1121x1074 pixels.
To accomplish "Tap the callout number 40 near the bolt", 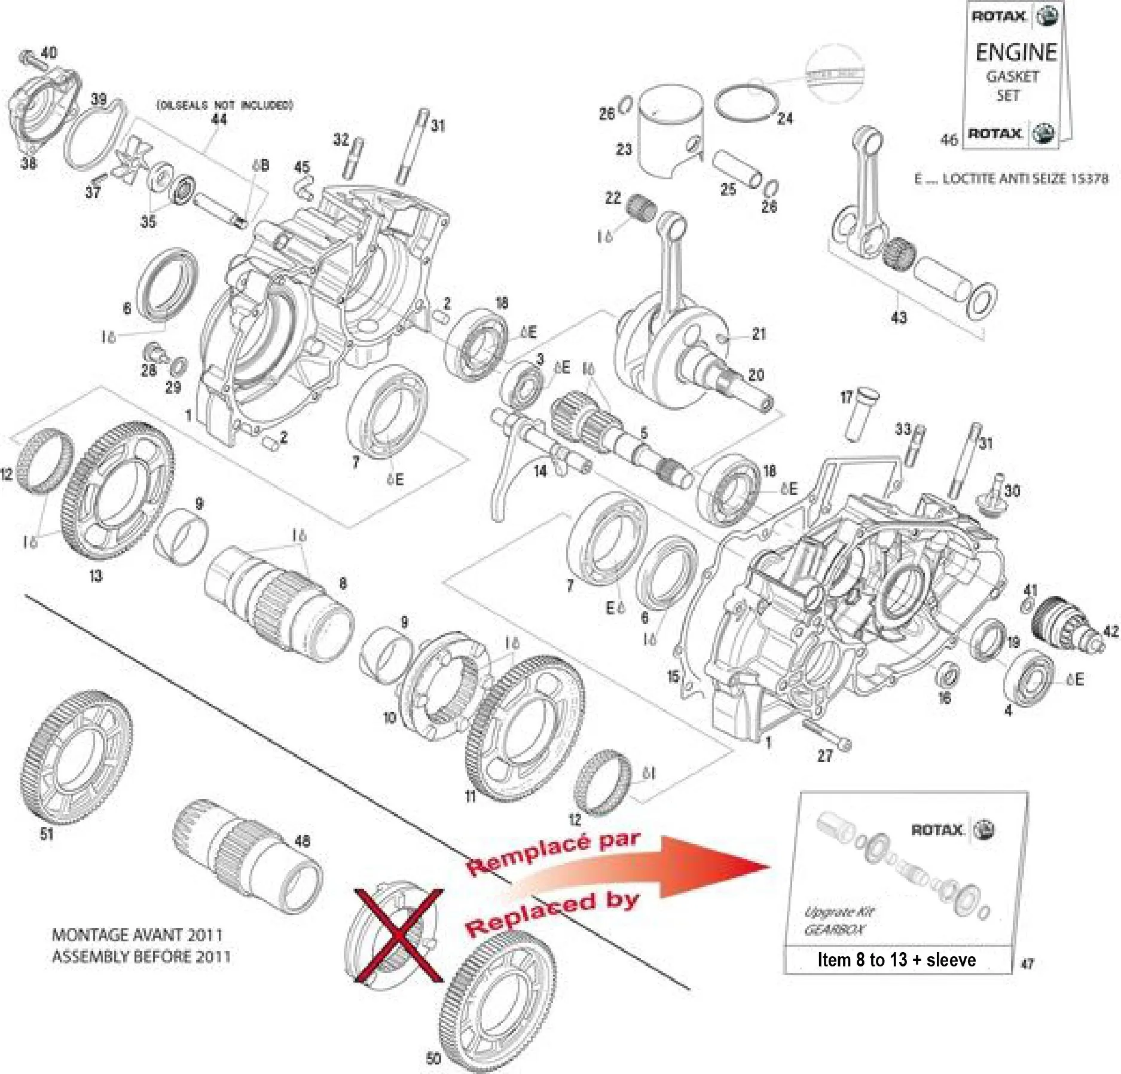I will [x=49, y=53].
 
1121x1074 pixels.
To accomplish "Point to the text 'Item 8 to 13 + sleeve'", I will [x=896, y=960].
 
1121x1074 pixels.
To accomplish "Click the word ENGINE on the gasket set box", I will [x=1016, y=53].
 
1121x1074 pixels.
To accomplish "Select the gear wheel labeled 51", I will [x=78, y=756].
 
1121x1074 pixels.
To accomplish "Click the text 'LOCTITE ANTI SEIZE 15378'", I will [x=1025, y=179].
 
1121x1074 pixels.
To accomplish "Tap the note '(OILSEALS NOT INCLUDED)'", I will [x=225, y=105].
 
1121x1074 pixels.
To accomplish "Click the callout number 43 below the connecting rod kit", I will [x=899, y=317].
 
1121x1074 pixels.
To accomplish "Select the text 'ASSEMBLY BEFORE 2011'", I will [x=141, y=956].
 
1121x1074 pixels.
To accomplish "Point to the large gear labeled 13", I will [x=117, y=490].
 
